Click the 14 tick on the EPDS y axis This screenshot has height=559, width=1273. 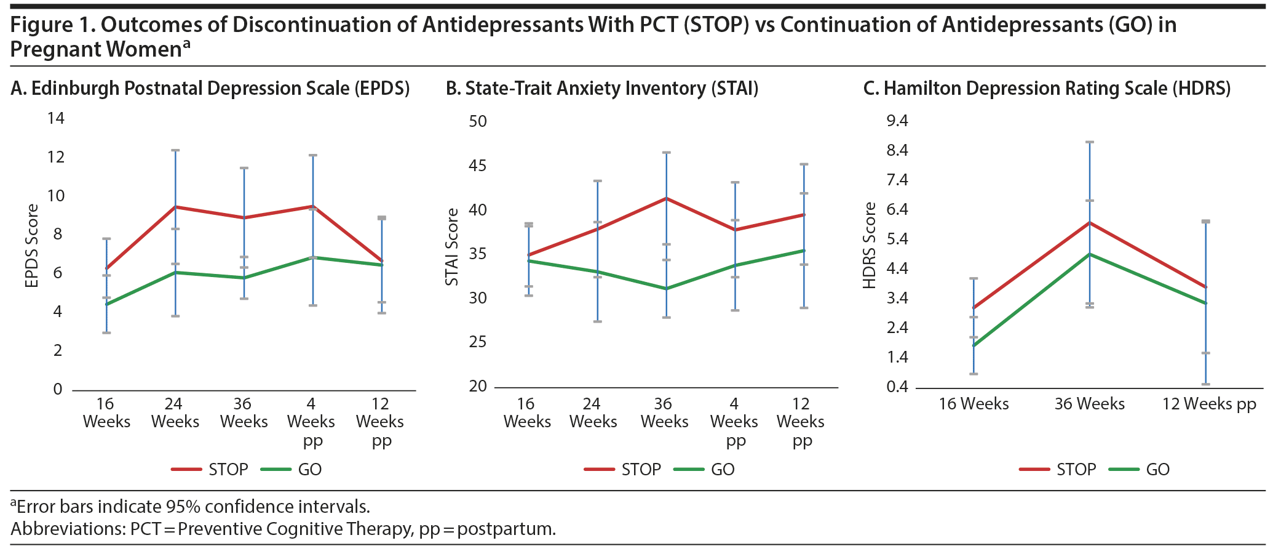point(56,118)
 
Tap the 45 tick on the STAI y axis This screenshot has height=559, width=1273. point(478,166)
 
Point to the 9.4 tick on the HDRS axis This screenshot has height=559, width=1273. point(897,121)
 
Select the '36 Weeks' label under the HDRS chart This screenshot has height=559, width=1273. point(1090,404)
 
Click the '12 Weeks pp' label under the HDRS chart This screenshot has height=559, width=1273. point(1209,404)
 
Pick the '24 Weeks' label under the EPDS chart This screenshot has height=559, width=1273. point(175,412)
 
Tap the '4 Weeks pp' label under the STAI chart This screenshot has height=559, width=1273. point(734,422)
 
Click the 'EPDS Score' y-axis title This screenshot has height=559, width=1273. point(32,246)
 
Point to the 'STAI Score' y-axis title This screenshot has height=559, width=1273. point(452,247)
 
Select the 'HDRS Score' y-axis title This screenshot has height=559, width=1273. point(869,246)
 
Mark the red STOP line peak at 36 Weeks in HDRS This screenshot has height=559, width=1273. point(1090,222)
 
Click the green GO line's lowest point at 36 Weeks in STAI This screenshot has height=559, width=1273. point(666,288)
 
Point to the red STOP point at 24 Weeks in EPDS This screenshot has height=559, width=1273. point(175,207)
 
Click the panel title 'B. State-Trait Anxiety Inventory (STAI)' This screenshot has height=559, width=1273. point(602,89)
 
